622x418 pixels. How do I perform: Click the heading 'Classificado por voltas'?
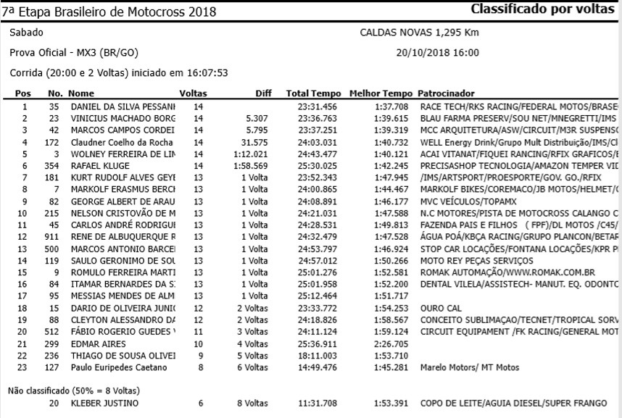(x=542, y=10)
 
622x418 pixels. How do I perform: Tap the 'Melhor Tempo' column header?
(x=381, y=93)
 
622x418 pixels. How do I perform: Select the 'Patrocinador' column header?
(x=446, y=93)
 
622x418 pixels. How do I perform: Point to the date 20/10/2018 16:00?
(x=437, y=53)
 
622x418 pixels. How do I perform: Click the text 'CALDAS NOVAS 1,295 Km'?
(x=419, y=33)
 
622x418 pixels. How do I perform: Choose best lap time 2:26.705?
(x=392, y=343)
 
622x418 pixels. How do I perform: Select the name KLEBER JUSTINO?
(x=104, y=403)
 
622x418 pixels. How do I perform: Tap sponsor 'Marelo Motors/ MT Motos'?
(x=470, y=367)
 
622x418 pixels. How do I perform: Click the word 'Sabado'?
(x=26, y=33)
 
